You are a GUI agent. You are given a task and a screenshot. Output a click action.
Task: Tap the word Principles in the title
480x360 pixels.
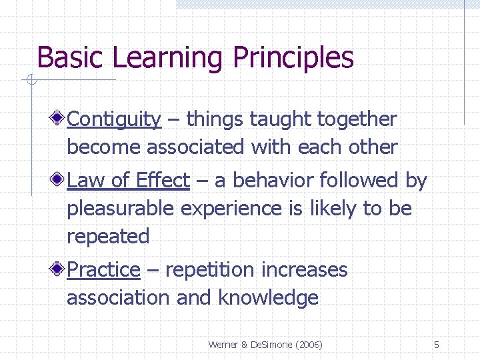(293, 58)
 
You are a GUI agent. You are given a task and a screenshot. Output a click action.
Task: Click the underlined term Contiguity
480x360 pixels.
(114, 120)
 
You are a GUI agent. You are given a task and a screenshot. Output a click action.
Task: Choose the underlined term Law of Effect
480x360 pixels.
(129, 181)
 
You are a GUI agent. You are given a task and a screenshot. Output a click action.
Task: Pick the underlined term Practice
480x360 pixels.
(104, 270)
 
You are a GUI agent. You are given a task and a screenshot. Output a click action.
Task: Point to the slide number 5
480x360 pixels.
(436, 345)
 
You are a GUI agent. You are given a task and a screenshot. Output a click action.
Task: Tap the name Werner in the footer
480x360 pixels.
(223, 345)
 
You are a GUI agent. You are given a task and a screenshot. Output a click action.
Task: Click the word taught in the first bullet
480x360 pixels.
(280, 120)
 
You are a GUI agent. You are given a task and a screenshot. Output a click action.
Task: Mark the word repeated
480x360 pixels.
(108, 237)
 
